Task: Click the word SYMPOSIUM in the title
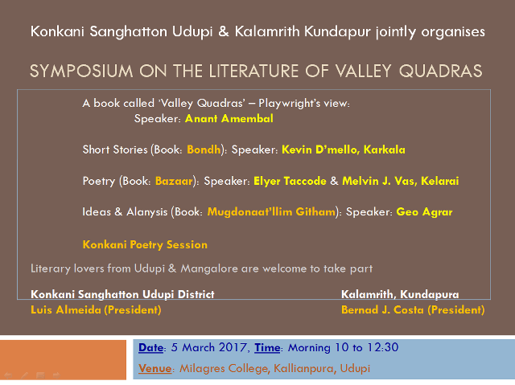tap(81, 72)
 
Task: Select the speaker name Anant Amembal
tap(229, 118)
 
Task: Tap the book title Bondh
tap(204, 149)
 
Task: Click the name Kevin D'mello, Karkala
tap(344, 149)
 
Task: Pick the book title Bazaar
tap(174, 181)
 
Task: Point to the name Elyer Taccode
tap(290, 181)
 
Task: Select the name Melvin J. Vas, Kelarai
tap(401, 181)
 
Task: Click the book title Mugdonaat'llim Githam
tap(271, 212)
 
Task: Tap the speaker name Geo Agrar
tap(424, 212)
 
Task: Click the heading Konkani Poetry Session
tap(145, 244)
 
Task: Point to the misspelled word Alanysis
tap(147, 212)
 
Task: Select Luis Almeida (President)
tap(96, 310)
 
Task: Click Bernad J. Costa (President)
tap(413, 310)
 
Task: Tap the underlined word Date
tap(150, 347)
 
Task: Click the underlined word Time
tap(267, 347)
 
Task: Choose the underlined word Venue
tap(155, 368)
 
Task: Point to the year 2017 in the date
tap(233, 347)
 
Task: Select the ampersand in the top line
tap(224, 31)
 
